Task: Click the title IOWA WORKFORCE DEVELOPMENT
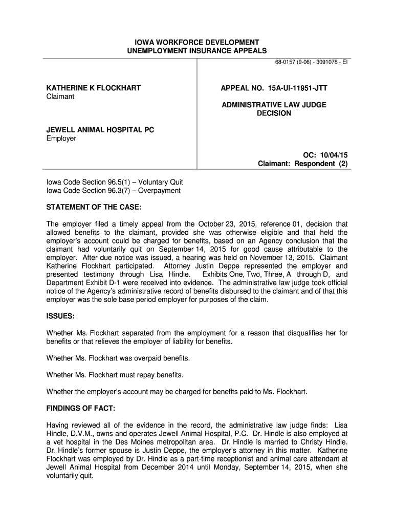click(196, 42)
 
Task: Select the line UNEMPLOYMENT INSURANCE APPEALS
click(196, 51)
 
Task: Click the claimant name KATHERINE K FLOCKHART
click(94, 88)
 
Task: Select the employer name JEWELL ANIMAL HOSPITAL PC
click(100, 130)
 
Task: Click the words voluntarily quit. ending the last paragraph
click(70, 475)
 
